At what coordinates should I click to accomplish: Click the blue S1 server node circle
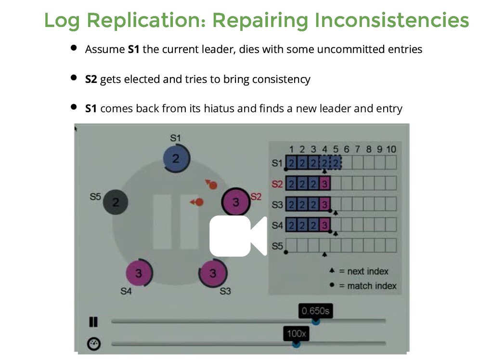tap(176, 158)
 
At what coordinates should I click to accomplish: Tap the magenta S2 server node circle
tap(235, 201)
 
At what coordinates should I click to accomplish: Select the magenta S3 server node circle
tap(213, 273)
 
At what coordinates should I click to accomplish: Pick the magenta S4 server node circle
tap(139, 273)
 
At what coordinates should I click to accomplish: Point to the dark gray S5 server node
tap(116, 201)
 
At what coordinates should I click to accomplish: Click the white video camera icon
tap(238, 236)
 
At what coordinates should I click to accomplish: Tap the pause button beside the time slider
tap(93, 321)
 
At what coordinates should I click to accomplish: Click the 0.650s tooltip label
tap(315, 311)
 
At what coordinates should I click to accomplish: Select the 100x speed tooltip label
tap(296, 333)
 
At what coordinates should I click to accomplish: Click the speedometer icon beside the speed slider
tap(93, 344)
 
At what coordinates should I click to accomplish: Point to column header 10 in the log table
tap(390, 149)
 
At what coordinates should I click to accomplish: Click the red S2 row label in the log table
tap(277, 184)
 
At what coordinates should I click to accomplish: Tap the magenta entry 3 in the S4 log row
tap(325, 225)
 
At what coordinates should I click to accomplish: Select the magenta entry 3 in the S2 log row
tap(325, 183)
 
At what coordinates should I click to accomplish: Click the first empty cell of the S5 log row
tap(291, 245)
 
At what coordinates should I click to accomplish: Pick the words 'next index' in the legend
tap(367, 271)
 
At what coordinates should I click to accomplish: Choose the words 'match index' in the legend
tap(372, 286)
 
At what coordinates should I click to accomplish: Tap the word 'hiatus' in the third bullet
tap(219, 108)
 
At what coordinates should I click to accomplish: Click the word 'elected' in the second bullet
tap(142, 79)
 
